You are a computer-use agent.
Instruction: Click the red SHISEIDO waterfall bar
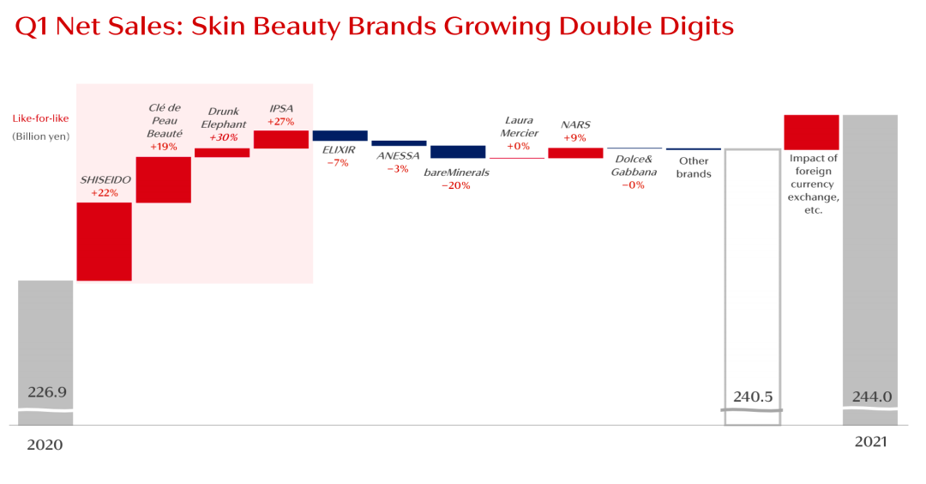pos(104,241)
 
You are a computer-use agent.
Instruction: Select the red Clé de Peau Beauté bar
pos(163,179)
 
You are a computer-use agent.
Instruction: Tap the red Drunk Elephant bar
pos(222,153)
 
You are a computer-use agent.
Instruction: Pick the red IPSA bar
pos(281,139)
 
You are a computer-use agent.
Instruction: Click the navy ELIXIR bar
pos(340,136)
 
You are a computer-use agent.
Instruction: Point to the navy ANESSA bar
pos(399,143)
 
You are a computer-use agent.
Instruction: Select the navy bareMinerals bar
pos(458,152)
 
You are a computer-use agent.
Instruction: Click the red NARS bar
pos(575,153)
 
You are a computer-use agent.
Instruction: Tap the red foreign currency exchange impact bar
pos(811,132)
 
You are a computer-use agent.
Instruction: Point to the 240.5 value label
pos(754,396)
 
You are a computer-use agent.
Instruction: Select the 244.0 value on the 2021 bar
pos(872,396)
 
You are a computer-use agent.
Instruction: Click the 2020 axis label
pos(45,445)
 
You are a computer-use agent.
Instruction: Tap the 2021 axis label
pos(870,442)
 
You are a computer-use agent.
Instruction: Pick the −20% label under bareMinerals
pos(456,185)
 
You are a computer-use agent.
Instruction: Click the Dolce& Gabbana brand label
pos(634,166)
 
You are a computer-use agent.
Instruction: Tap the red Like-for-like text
pos(40,118)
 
